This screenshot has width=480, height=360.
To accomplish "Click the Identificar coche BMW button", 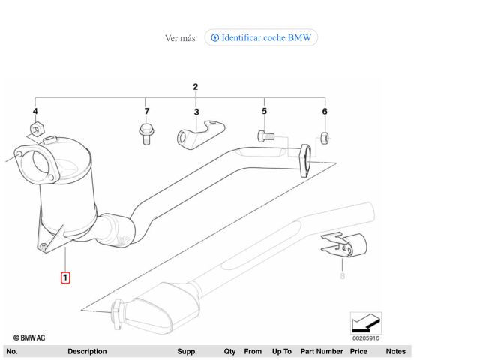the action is pos(261,37).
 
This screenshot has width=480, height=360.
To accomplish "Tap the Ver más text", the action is pos(180,38).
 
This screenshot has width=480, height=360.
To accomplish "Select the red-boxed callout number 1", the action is pos(65,277).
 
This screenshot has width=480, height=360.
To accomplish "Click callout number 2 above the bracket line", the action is pos(195,87).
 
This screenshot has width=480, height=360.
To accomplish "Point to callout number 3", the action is pos(196,112).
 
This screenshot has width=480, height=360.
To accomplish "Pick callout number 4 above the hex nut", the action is pos(35,111).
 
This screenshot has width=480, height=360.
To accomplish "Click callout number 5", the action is pos(265,111).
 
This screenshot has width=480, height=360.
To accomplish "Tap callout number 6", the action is pos(325,112).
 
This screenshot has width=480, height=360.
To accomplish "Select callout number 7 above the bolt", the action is pos(147,111).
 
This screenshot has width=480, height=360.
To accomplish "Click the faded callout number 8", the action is pos(342,276).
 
